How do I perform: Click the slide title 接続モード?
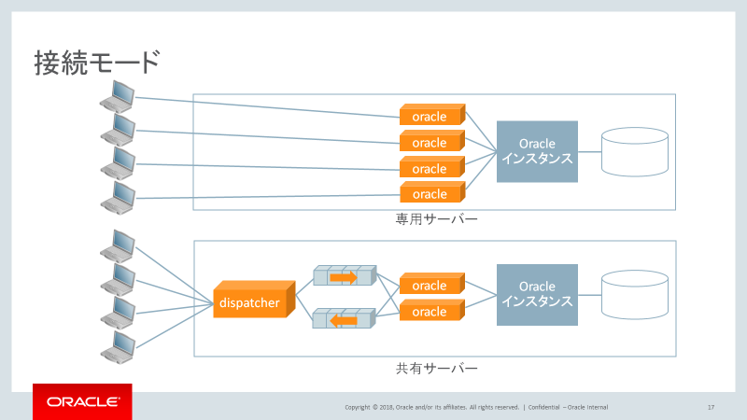pos(97,63)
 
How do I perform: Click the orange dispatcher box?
pos(249,301)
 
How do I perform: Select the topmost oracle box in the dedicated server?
pos(430,117)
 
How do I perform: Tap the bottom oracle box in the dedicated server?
pos(430,194)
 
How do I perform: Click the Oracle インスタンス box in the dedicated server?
pos(537,151)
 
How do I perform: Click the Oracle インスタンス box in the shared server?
pos(537,294)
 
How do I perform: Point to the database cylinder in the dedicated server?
pos(634,152)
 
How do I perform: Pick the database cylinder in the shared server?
pos(634,294)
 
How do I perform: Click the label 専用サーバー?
pos(436,221)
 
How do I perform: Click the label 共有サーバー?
pos(436,369)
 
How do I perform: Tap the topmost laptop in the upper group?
pos(119,95)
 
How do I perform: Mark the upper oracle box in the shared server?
pos(430,285)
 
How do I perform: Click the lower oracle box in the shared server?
pos(430,311)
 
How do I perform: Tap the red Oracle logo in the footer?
pos(82,402)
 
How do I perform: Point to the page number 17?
pos(711,407)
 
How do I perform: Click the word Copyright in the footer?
pos(360,407)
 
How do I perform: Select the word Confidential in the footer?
pos(544,407)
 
